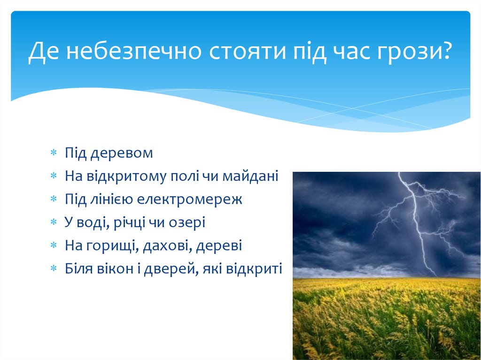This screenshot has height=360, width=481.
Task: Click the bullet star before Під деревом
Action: click(x=54, y=153)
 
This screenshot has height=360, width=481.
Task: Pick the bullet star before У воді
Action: click(x=54, y=222)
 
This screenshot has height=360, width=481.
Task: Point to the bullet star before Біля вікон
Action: click(x=54, y=268)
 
